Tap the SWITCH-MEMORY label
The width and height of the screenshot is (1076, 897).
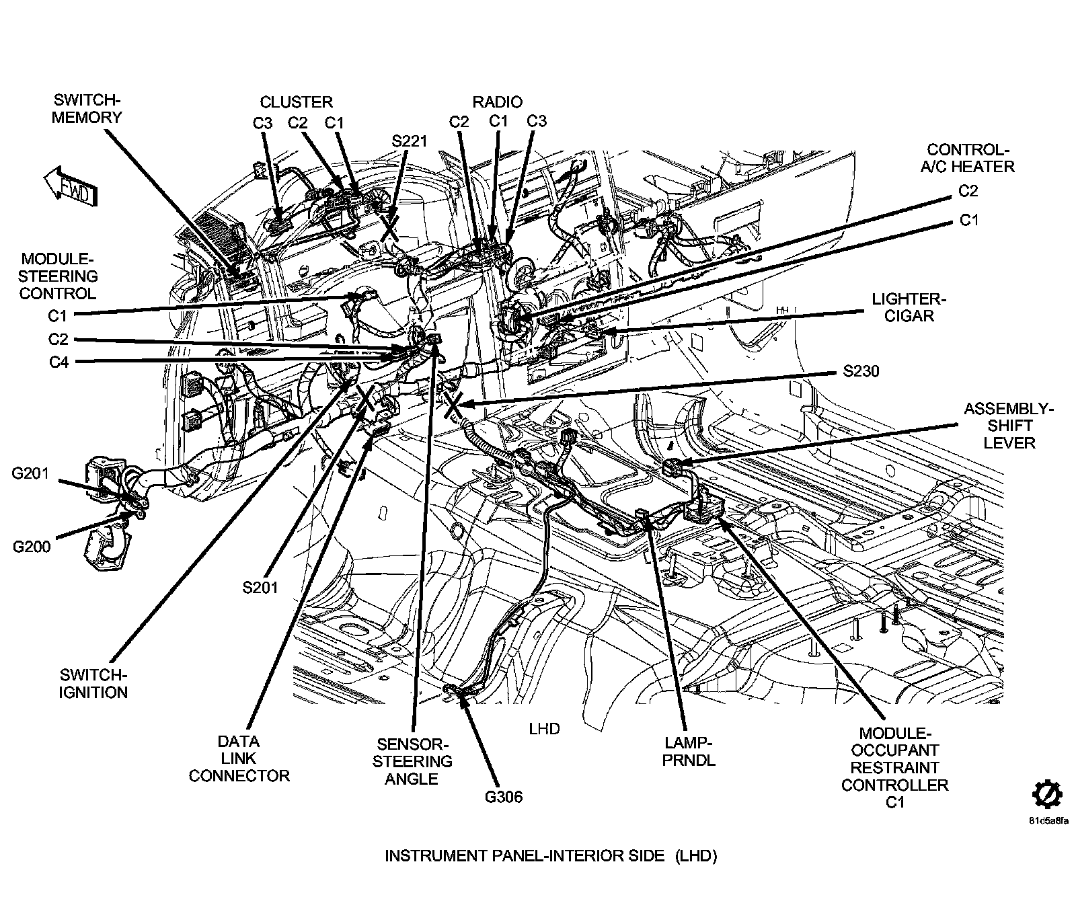coord(87,109)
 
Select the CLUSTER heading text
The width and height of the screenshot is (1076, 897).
coord(296,102)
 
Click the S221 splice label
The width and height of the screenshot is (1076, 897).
coord(410,141)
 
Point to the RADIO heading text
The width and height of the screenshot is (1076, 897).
coord(497,102)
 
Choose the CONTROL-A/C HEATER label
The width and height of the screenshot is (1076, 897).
coord(968,157)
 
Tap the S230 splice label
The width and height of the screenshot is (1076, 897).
coord(861,371)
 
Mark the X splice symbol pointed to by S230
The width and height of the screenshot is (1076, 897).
coord(452,404)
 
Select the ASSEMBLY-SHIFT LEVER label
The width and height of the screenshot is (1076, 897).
coord(1009,426)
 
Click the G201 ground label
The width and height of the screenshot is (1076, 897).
coord(30,473)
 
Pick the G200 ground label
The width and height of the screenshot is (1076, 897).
coord(32,547)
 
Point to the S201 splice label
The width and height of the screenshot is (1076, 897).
coord(260,587)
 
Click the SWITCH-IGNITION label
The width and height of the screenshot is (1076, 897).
coord(93,683)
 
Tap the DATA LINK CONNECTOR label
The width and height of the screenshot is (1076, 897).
coord(239,758)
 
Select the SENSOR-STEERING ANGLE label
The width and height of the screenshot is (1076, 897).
coord(412,762)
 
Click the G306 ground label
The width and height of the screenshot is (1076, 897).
coord(504,797)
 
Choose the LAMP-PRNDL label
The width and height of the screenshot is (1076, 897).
coord(689,751)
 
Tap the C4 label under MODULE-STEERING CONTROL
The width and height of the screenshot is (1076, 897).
coord(59,362)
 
